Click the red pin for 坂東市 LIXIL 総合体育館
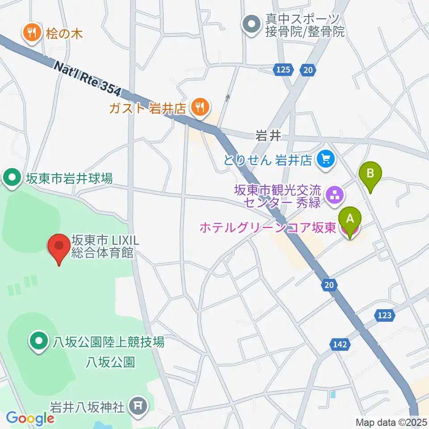[x=59, y=246]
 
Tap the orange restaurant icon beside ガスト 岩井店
[x=198, y=107]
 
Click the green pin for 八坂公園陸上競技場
[x=38, y=342]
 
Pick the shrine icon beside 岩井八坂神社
[x=135, y=406]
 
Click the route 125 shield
[x=283, y=69]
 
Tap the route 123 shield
[x=386, y=316]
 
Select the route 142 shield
[x=339, y=344]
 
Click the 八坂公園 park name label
[x=110, y=362]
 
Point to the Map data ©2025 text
[x=391, y=422]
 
